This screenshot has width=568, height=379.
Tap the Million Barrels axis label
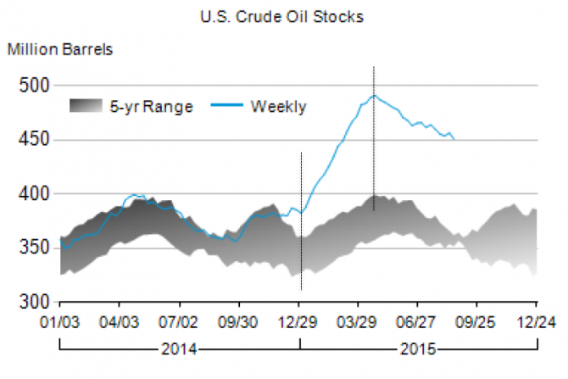60,48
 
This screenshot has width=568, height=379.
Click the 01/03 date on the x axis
60,323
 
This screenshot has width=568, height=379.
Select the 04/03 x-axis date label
120,323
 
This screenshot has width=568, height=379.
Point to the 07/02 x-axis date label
180,323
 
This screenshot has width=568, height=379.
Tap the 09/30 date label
239,323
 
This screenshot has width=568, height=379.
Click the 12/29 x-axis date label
299,323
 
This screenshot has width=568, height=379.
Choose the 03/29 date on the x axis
359,323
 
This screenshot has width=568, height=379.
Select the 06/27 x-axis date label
417,323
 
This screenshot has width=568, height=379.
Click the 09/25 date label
476,323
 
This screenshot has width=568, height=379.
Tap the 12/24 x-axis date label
536,323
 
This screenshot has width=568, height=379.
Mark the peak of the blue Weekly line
374,95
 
